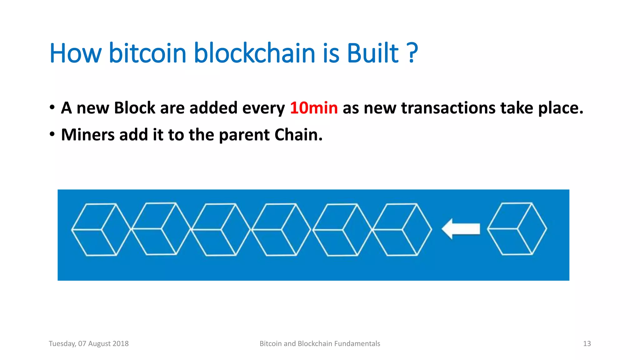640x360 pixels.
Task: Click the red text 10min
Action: click(314, 108)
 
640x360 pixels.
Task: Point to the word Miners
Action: click(88, 135)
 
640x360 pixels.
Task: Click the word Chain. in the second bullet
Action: click(298, 135)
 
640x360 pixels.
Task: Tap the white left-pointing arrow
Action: click(461, 229)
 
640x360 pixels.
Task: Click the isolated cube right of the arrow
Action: click(517, 229)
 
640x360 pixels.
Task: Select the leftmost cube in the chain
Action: click(101, 229)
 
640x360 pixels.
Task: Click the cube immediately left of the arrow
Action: click(402, 229)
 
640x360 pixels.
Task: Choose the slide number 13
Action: click(587, 344)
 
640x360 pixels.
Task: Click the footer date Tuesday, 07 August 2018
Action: click(89, 344)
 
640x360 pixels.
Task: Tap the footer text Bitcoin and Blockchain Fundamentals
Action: click(320, 344)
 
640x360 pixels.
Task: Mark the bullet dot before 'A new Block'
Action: click(52, 107)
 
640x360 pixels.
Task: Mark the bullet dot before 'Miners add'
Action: click(52, 134)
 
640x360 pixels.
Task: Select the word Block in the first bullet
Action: click(135, 108)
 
